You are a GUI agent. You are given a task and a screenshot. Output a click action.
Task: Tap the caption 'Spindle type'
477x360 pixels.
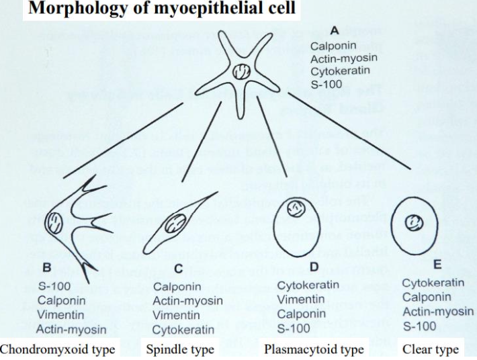coord(179,350)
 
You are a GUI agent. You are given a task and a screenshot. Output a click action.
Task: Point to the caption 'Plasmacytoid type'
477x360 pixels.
coord(314,350)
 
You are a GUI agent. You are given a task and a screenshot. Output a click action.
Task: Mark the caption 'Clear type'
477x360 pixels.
coord(430,350)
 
